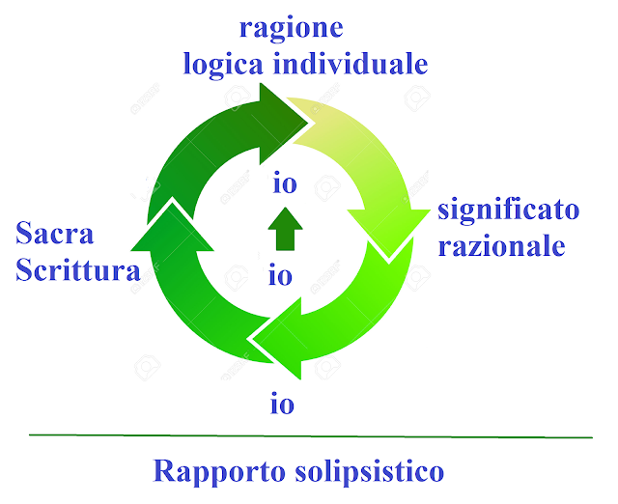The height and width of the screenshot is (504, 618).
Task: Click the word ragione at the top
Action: [x=291, y=28]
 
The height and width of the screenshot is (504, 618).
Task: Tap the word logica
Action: [x=223, y=65]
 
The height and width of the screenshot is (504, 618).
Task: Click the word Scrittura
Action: [x=78, y=269]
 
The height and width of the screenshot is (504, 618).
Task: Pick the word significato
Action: [x=508, y=210]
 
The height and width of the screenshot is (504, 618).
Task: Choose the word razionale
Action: [x=501, y=245]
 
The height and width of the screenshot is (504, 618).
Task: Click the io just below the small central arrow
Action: [x=281, y=276]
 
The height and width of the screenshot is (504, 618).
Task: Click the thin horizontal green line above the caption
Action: [x=309, y=436]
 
